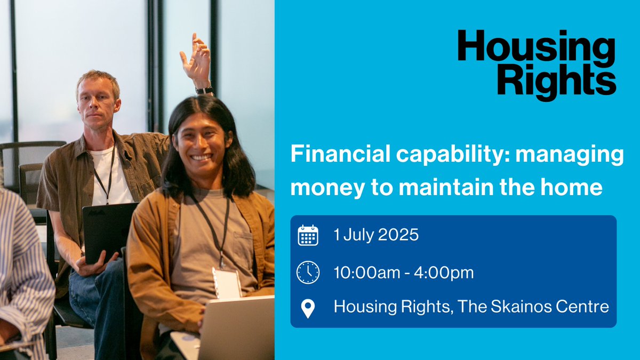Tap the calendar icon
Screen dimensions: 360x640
[308, 235]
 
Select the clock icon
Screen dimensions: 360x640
[308, 272]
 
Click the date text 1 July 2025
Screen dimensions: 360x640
[376, 235]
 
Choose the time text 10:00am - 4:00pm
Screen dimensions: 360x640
[404, 272]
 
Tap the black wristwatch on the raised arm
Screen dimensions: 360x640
[204, 90]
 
